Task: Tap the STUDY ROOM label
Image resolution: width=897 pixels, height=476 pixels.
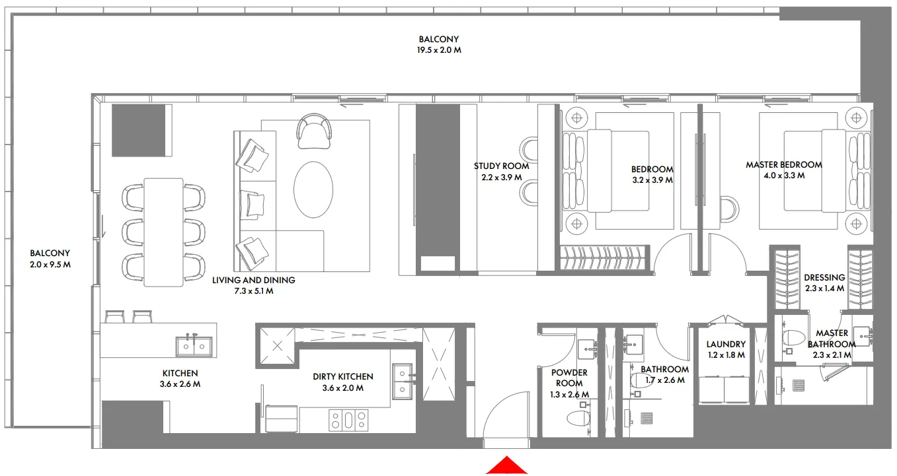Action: pos(501,166)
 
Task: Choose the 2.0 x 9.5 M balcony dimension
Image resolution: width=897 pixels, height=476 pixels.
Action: pos(50,264)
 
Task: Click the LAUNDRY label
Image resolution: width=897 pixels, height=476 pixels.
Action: pos(726,344)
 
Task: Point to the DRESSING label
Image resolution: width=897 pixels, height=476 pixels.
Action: pos(824,278)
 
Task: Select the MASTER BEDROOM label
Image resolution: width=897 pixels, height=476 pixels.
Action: pos(784,165)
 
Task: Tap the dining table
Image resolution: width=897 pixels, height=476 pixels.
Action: pos(164,232)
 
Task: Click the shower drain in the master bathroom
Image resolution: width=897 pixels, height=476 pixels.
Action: pos(799,384)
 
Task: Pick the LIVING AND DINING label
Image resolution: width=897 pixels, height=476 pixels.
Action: pos(253,280)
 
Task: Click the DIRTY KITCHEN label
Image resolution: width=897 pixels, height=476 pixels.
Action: pos(343,376)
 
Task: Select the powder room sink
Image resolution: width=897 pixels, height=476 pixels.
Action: pos(587,347)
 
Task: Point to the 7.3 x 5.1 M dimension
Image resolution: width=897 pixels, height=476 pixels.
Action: pos(253,290)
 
